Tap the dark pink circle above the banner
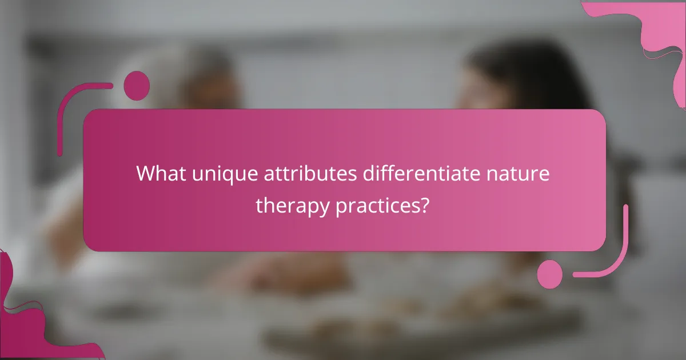[x=137, y=86]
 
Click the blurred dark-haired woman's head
[x=503, y=80]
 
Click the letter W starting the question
[x=145, y=173]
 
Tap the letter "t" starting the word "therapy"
[x=258, y=205]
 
